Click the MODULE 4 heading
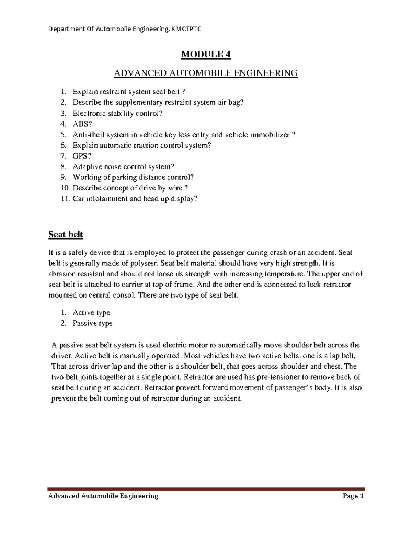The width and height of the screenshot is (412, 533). coord(206,55)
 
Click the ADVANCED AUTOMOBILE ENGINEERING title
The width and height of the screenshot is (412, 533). coord(206,73)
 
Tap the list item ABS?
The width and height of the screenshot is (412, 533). coord(82,124)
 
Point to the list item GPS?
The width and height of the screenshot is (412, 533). coord(82,156)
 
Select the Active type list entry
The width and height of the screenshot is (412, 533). coord(91,312)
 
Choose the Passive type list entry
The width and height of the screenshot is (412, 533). coord(92,323)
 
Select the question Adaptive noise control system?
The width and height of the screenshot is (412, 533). coord(124,167)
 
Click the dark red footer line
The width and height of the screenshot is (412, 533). coord(206,489)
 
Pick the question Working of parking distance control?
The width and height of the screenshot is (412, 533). coord(133,177)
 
